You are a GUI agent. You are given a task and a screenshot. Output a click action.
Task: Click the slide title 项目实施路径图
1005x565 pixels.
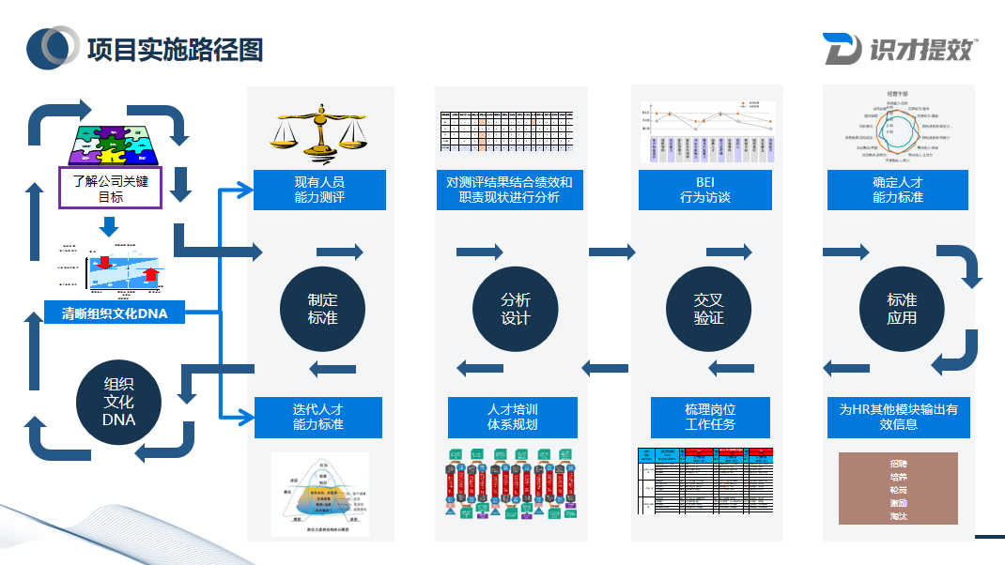175,48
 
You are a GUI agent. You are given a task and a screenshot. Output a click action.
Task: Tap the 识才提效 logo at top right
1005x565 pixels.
899,49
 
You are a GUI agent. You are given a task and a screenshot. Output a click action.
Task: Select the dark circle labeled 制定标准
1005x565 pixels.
322,309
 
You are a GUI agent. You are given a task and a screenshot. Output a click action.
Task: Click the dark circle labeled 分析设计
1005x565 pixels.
516,309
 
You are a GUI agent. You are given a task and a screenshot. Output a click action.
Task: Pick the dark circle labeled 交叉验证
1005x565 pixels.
708,309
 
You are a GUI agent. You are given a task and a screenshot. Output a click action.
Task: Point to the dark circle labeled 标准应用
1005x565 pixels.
902,309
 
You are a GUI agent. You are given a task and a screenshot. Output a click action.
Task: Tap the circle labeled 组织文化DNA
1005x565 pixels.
118,402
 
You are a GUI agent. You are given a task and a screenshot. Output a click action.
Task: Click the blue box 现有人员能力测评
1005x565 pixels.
319,190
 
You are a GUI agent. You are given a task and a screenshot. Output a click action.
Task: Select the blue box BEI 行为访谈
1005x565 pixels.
705,190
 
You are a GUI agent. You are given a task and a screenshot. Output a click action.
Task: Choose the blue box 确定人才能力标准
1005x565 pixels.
898,190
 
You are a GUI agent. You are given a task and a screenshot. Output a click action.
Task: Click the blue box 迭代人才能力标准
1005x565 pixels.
318,417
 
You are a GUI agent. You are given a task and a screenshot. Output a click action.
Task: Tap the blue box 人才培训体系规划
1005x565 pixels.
513,417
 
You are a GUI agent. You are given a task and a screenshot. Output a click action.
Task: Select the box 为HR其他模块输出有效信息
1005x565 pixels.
898,417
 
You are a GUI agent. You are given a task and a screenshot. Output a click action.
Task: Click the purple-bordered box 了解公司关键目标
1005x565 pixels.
111,188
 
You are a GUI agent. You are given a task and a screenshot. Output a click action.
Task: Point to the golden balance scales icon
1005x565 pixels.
319,131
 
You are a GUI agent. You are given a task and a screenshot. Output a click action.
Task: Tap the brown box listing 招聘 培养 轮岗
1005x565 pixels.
897,488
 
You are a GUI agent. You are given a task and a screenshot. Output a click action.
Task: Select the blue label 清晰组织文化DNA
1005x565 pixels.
114,313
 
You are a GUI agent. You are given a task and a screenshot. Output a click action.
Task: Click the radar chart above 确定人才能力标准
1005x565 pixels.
897,128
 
